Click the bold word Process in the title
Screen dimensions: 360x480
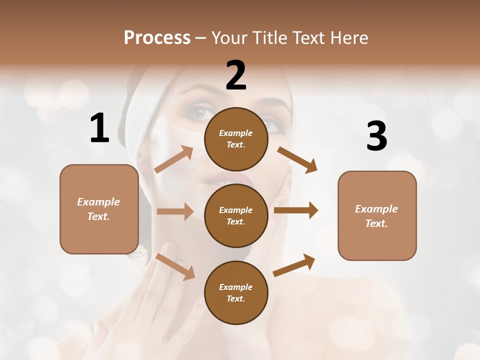point(157,37)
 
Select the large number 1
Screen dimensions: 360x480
point(99,128)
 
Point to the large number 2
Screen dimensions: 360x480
point(236,75)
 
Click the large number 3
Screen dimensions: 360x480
point(376,136)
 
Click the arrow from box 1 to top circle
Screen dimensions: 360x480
point(174,159)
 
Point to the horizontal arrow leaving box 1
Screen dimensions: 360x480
point(175,211)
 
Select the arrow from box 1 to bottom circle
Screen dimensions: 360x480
point(175,266)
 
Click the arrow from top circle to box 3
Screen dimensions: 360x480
point(297,160)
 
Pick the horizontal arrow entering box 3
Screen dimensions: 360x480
point(296,210)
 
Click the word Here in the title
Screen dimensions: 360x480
point(350,37)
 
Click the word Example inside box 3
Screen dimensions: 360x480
point(376,209)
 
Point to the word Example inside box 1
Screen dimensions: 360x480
point(98,202)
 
